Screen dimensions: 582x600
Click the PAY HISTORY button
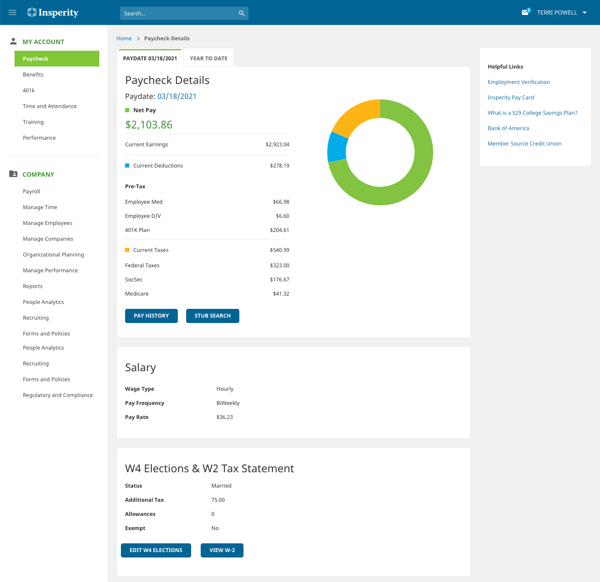click(x=151, y=316)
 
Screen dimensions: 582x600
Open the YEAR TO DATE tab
click(x=209, y=58)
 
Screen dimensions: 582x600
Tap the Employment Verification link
click(x=519, y=82)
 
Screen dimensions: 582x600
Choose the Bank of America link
click(x=508, y=128)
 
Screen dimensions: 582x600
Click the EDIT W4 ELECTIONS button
click(x=156, y=550)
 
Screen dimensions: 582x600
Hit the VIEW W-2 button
click(x=222, y=550)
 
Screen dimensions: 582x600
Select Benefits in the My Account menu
click(x=33, y=75)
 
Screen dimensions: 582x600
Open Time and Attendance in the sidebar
click(x=50, y=106)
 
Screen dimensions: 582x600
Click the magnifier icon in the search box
click(x=241, y=13)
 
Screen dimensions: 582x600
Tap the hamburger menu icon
click(x=12, y=12)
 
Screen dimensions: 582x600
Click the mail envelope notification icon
click(x=525, y=12)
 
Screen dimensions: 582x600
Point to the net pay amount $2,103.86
click(x=149, y=125)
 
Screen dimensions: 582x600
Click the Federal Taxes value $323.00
click(x=280, y=266)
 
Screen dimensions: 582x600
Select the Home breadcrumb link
click(x=124, y=39)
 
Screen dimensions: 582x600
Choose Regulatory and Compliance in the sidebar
click(x=58, y=395)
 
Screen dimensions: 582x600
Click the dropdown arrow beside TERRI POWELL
click(x=585, y=13)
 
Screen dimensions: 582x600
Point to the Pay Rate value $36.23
click(x=224, y=417)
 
